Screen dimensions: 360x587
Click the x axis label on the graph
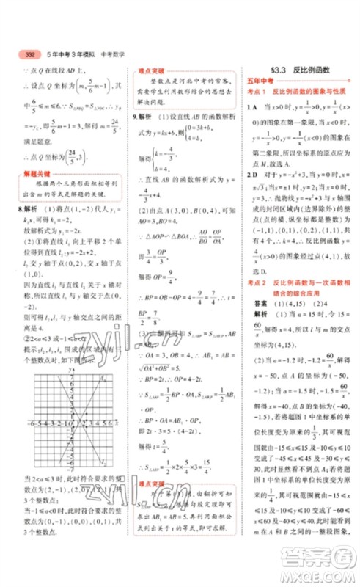tap(117, 421)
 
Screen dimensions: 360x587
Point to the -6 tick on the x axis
tap(32, 423)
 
